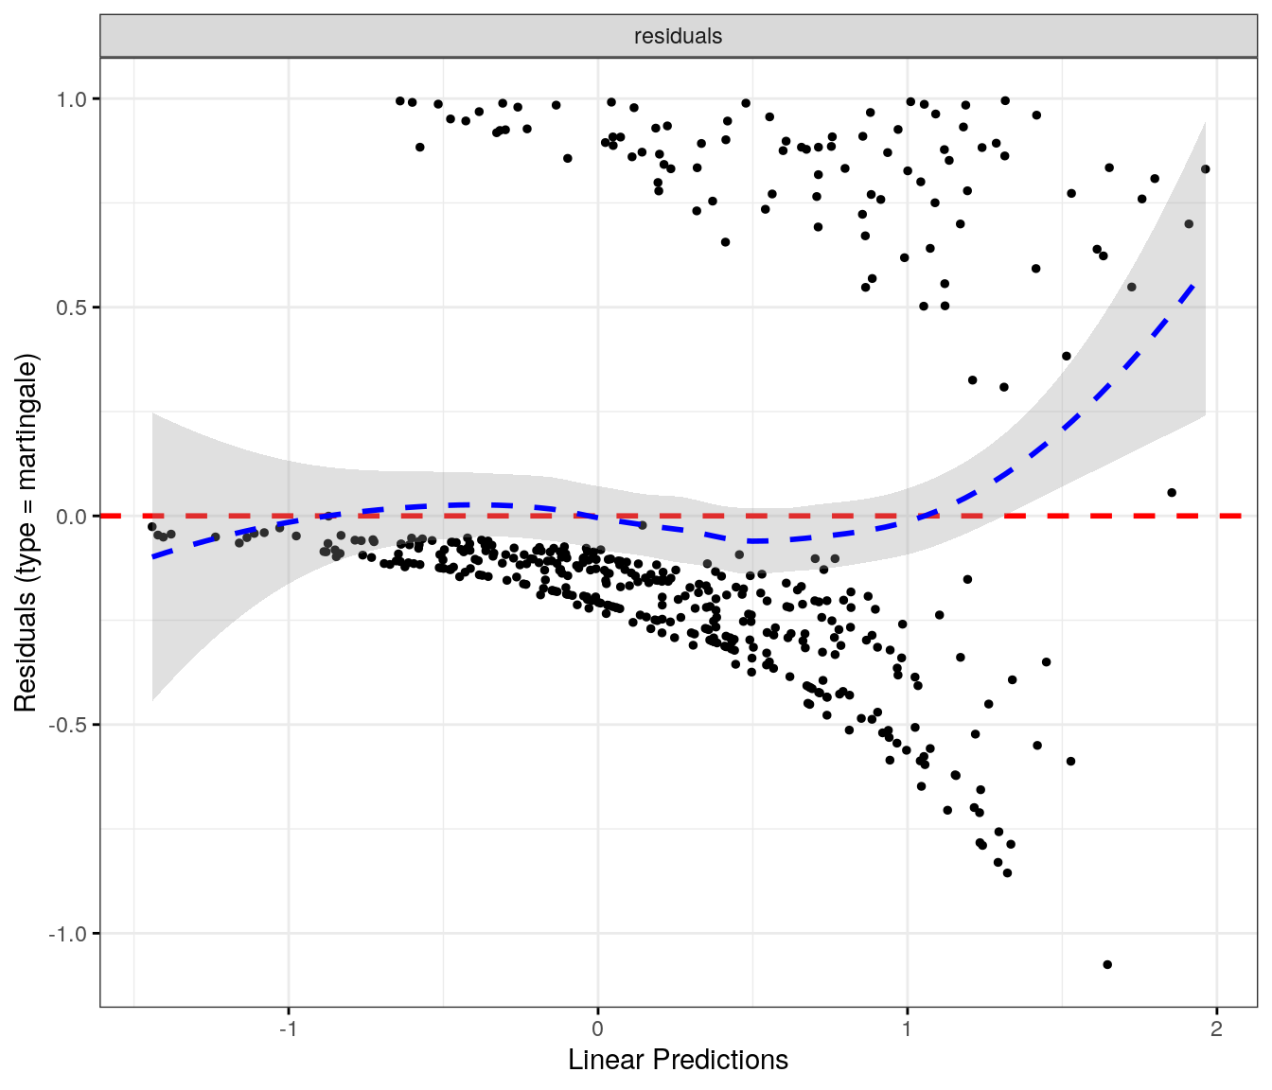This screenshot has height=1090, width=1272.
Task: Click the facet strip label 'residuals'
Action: pos(678,36)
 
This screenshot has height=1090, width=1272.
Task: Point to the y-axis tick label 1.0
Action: pos(71,98)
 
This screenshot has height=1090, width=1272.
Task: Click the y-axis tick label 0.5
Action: pos(71,308)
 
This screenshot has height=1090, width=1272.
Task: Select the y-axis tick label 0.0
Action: pos(71,516)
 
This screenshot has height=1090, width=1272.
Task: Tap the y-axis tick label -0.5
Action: pos(68,725)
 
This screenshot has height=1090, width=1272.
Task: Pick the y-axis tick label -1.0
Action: pos(68,934)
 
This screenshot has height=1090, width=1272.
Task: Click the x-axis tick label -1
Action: pos(288,1029)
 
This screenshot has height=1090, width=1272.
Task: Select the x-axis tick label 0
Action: pos(597,1029)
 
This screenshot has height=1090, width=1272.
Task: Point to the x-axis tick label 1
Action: pos(907,1029)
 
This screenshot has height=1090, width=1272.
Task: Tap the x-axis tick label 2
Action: pos(1216,1029)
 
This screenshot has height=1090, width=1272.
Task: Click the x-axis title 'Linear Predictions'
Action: pos(678,1060)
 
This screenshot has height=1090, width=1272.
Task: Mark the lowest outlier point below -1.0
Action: pos(1107,964)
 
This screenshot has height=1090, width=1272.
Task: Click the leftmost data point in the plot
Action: pos(151,527)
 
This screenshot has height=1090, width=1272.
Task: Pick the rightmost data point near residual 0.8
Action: pos(1205,169)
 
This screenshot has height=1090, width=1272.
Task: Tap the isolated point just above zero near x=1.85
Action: pos(1172,492)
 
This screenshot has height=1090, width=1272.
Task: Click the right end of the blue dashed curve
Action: pos(1194,283)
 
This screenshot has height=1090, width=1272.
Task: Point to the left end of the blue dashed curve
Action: pos(153,556)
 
